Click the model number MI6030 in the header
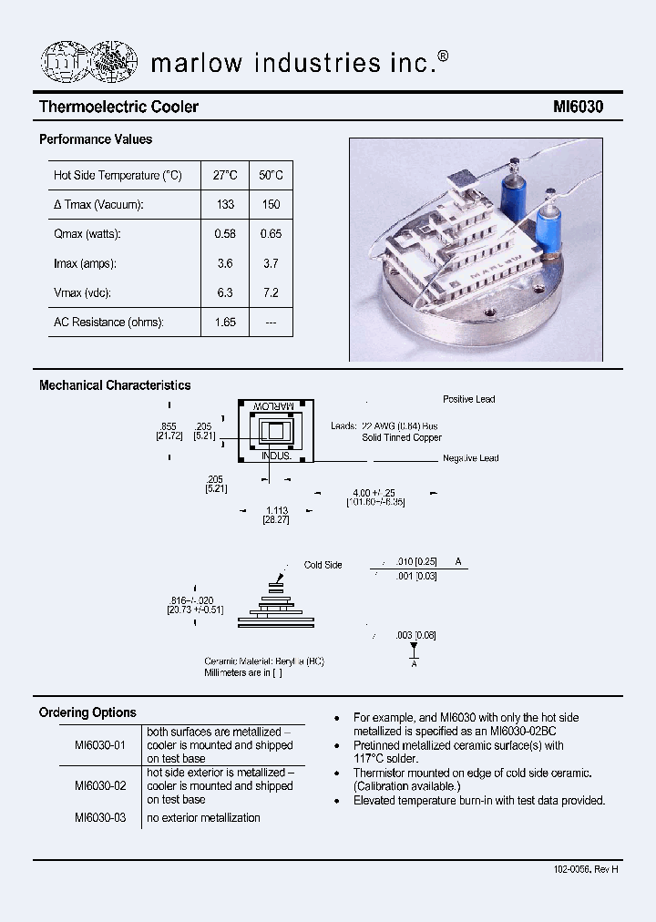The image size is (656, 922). (x=578, y=107)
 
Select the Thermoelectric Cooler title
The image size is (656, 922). (x=118, y=107)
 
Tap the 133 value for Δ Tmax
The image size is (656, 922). (x=225, y=205)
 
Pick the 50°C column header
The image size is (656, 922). (x=271, y=175)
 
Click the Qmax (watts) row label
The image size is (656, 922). (x=87, y=234)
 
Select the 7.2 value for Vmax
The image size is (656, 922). (x=271, y=292)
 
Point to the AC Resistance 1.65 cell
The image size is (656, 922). (x=225, y=322)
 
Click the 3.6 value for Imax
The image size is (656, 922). (x=225, y=263)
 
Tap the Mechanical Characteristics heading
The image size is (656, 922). (x=115, y=385)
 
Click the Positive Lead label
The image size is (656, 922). (x=469, y=400)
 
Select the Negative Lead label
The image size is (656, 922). (x=470, y=458)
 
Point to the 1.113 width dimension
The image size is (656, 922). (x=276, y=510)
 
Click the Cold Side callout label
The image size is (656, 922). (x=323, y=565)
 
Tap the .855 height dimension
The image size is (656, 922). (x=168, y=426)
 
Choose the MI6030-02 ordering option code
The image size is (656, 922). (x=100, y=785)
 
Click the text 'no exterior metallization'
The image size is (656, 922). (x=203, y=817)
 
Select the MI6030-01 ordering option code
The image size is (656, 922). (x=100, y=744)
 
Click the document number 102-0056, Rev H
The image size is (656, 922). (x=585, y=869)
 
